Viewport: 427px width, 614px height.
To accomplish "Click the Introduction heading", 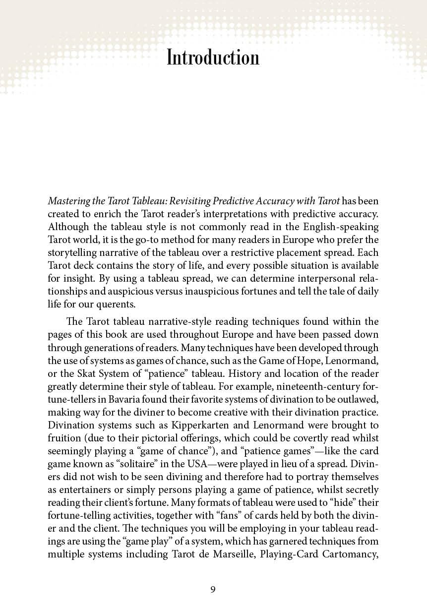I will [213, 58].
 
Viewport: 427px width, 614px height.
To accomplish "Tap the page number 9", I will [213, 589].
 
